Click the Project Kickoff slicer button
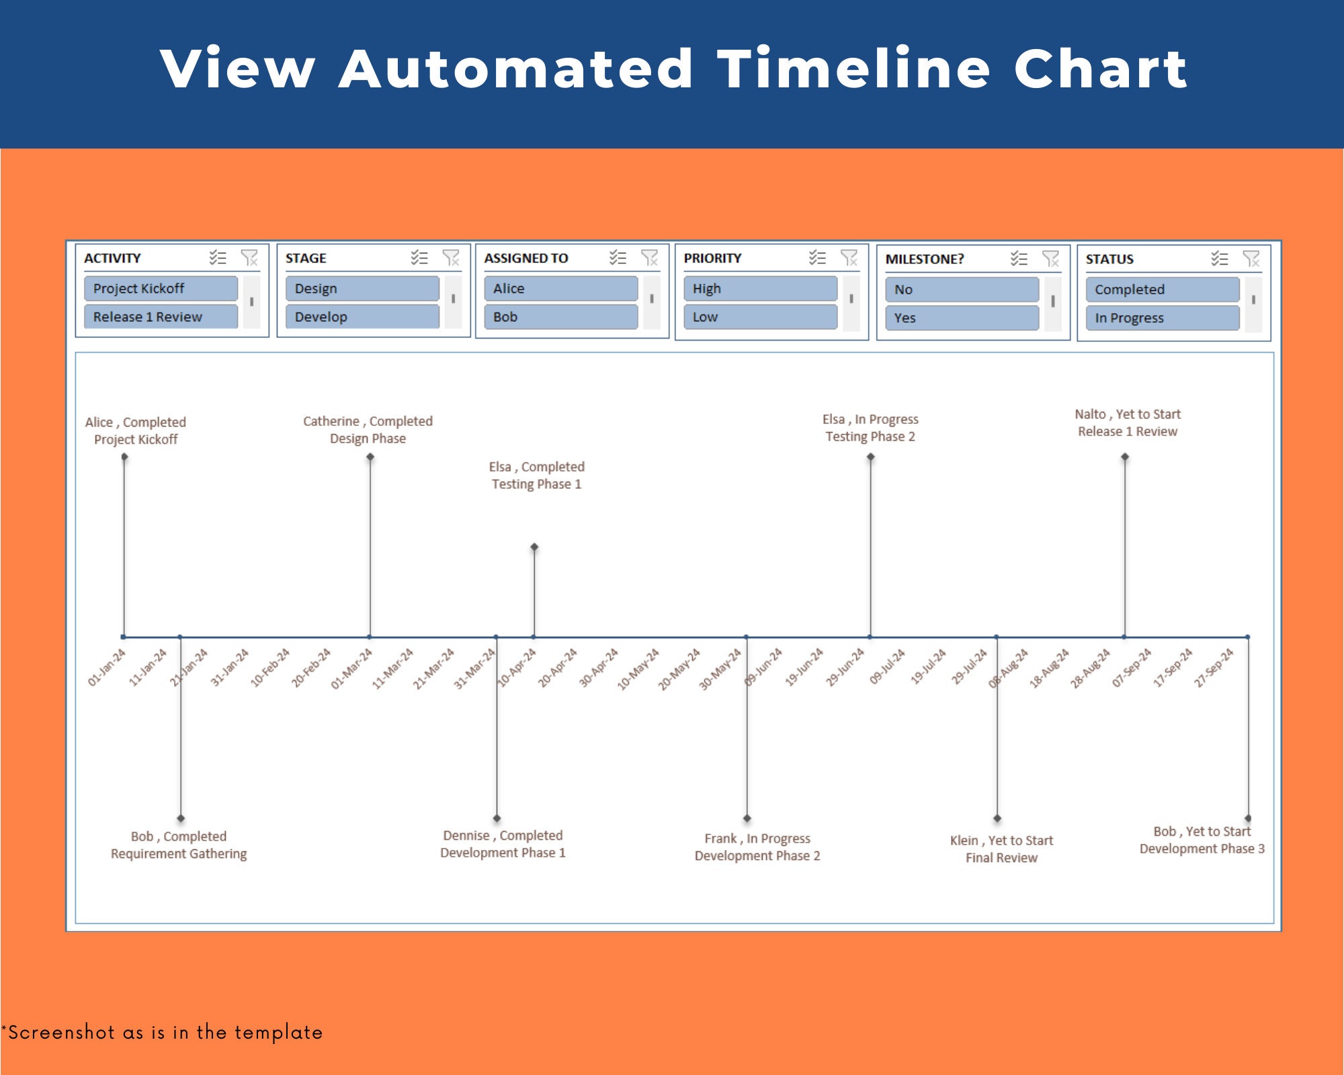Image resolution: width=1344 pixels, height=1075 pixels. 161,288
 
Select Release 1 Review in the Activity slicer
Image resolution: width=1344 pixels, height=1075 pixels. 161,316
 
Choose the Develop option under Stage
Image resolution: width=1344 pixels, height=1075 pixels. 362,316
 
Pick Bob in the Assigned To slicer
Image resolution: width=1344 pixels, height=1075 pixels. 560,316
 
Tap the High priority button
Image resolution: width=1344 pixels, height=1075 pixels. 760,288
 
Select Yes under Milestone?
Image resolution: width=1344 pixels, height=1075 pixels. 961,318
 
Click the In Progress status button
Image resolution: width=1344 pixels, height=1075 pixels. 1162,318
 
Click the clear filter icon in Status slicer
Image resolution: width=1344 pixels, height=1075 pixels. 1251,259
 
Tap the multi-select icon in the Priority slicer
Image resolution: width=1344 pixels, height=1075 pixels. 817,257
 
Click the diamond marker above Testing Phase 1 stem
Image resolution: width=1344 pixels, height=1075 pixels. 534,547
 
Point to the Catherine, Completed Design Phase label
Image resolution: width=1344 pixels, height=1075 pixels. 368,429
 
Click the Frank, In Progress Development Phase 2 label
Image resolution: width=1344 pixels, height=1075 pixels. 757,847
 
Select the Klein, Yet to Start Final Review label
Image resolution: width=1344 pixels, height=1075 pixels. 1001,849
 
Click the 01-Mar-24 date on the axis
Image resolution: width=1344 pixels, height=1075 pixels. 351,669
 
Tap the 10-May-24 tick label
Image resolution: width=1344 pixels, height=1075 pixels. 638,669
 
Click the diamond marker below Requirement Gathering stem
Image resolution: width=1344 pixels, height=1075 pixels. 181,818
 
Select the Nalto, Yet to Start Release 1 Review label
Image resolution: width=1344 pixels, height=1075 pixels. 1128,423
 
